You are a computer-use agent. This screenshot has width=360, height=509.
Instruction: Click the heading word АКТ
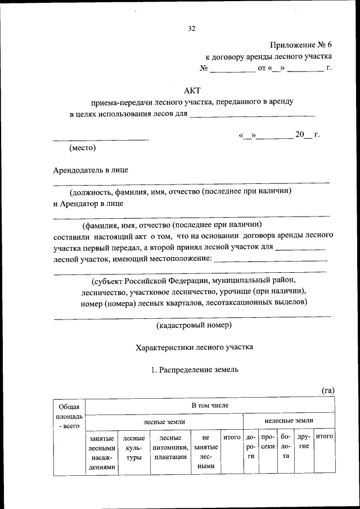point(192,90)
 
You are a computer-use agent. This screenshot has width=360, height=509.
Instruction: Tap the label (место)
point(83,148)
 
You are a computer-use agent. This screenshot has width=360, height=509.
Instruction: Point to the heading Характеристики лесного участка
point(194,348)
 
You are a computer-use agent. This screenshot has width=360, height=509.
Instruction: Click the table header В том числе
point(209,405)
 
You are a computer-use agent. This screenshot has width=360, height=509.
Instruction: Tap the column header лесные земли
point(164,421)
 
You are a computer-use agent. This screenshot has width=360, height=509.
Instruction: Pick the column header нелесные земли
point(289,421)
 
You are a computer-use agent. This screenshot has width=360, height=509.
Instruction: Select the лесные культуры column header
point(134,448)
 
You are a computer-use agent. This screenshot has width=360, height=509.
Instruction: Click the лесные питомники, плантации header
point(169,448)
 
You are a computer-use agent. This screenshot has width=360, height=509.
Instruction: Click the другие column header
point(304,442)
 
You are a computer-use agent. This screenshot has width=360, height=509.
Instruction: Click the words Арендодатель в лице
point(94,169)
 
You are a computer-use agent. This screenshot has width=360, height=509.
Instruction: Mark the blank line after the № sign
point(232,70)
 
